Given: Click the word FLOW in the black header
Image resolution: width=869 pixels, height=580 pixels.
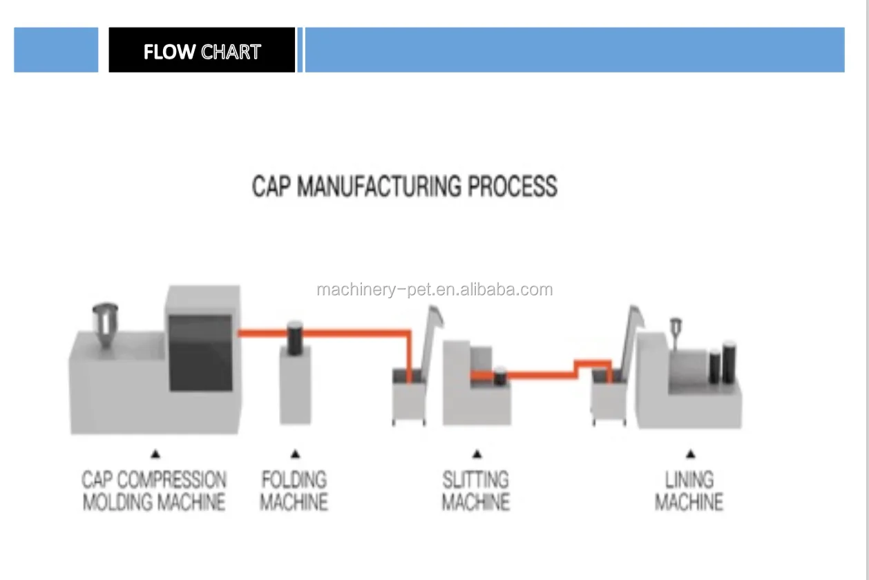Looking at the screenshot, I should point(169,52).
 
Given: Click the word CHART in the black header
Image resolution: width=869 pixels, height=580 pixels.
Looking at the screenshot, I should point(231,52).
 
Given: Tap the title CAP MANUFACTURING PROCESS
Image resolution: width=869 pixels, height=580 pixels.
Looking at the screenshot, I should point(404,186).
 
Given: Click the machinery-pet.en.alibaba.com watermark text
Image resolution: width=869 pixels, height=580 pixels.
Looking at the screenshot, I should point(434,289).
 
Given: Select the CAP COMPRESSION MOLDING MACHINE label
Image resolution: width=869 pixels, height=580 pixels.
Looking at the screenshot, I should point(154,491).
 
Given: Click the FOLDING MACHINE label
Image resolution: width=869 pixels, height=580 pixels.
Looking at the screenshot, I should point(294,491).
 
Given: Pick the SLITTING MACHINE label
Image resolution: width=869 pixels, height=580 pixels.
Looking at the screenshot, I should point(476,491).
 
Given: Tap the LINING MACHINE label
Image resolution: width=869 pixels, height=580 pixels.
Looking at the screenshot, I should point(689,491).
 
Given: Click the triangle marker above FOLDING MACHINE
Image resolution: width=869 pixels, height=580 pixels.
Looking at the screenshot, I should point(295,454).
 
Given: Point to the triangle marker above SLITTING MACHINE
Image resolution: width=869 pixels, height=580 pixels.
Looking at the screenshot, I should point(477,454).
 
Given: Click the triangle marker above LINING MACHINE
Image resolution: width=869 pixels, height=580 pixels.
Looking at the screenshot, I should point(690,454).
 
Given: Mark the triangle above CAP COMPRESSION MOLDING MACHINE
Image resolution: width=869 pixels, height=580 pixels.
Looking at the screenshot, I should point(155,454).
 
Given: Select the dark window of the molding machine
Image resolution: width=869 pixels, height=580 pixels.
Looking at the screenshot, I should point(200,352).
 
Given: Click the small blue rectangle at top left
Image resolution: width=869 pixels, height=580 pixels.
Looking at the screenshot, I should point(56,50).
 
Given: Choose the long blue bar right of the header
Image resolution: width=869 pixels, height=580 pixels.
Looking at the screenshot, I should point(574,50).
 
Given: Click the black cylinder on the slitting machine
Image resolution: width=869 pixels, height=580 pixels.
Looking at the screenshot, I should point(499,376).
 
